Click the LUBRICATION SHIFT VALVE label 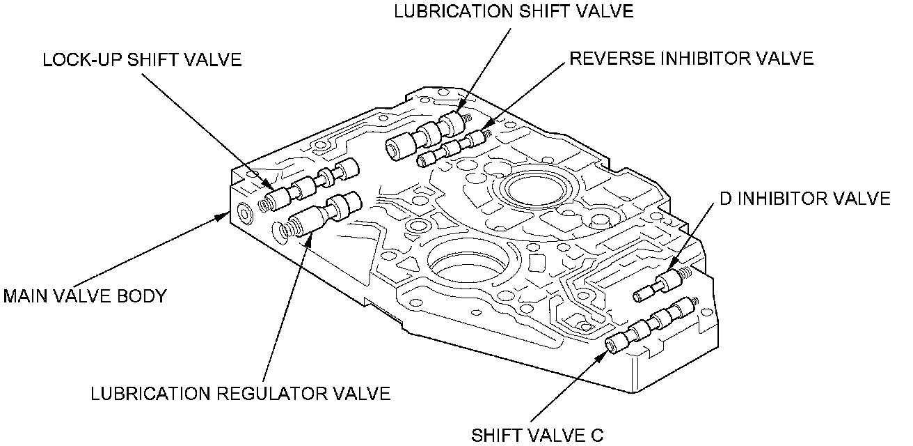pyautogui.click(x=514, y=12)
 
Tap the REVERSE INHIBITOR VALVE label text pyautogui.click(x=691, y=59)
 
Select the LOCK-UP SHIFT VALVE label pyautogui.click(x=142, y=60)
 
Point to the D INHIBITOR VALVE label pyautogui.click(x=804, y=199)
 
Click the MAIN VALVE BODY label pyautogui.click(x=85, y=296)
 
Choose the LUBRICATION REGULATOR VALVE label pyautogui.click(x=241, y=394)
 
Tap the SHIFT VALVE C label pyautogui.click(x=538, y=436)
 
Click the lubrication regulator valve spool pyautogui.click(x=324, y=213)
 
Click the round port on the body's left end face pyautogui.click(x=245, y=213)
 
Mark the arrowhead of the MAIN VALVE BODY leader pyautogui.click(x=223, y=215)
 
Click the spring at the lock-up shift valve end pyautogui.click(x=266, y=204)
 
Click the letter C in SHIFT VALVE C pyautogui.click(x=598, y=436)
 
